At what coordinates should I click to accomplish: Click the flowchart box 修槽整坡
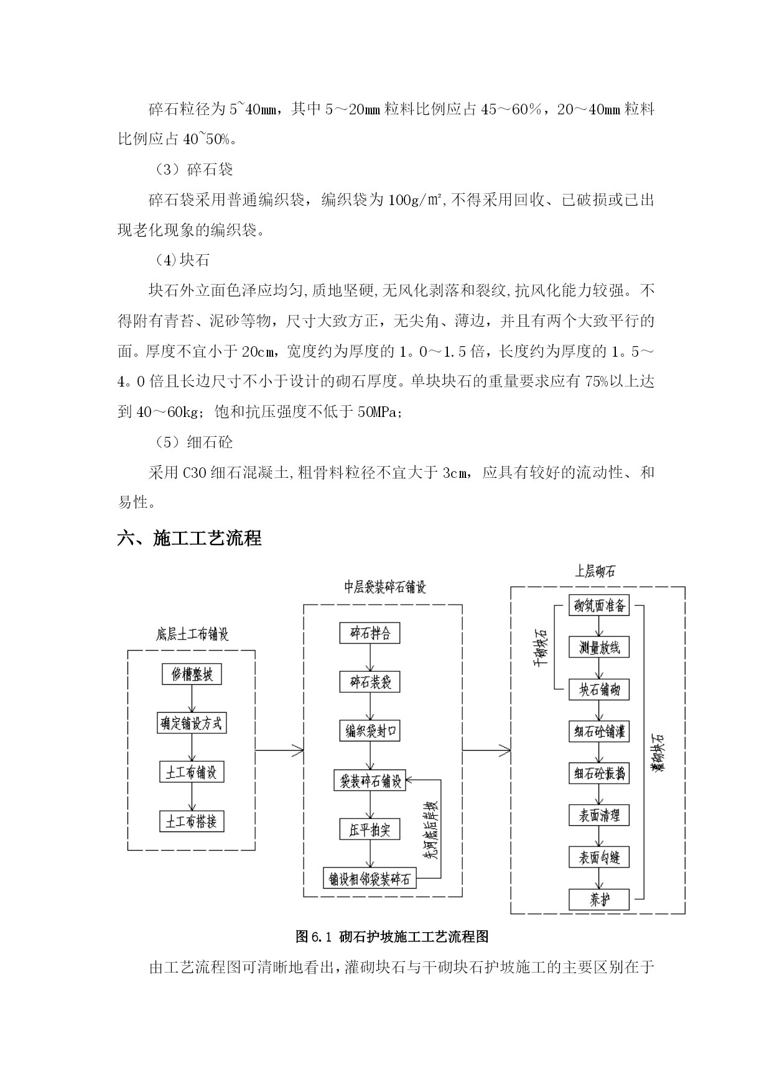click(x=192, y=674)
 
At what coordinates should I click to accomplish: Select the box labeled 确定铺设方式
click(x=192, y=723)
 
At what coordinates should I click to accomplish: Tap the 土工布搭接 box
click(x=192, y=822)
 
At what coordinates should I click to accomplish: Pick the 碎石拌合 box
click(x=370, y=633)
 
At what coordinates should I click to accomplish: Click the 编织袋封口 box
click(x=370, y=731)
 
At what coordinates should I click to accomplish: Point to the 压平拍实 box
click(x=370, y=829)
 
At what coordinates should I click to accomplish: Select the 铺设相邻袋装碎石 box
click(x=370, y=878)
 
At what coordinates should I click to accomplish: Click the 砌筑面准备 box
click(x=599, y=605)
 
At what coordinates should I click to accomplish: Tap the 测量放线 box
click(x=599, y=648)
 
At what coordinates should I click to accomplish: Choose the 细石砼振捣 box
click(x=599, y=774)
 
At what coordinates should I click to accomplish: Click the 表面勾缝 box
click(x=599, y=858)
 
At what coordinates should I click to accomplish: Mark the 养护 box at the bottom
click(x=599, y=899)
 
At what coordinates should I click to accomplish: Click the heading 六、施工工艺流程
click(x=189, y=538)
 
